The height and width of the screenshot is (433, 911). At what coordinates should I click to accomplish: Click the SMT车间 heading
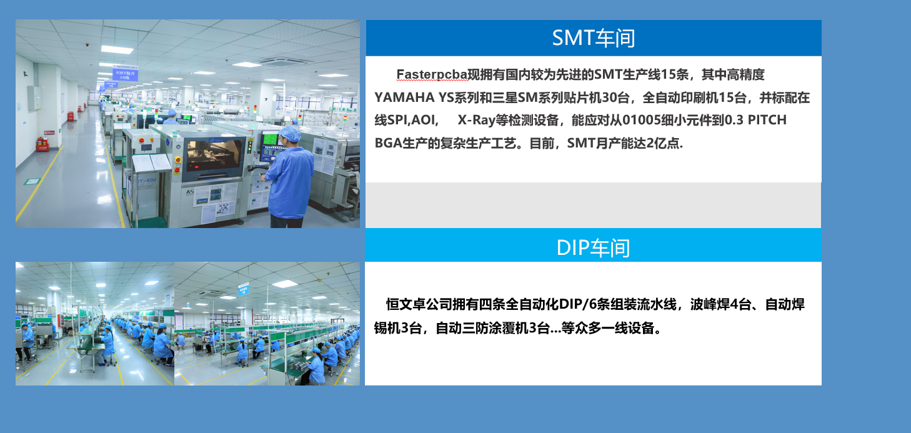pyautogui.click(x=594, y=38)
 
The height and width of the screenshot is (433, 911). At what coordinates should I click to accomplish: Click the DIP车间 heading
pyautogui.click(x=593, y=247)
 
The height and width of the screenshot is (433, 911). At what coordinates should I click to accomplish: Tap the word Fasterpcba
pyautogui.click(x=432, y=74)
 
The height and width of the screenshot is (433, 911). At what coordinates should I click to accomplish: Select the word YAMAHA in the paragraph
pyautogui.click(x=404, y=97)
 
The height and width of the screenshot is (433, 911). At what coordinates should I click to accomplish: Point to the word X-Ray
pyautogui.click(x=476, y=121)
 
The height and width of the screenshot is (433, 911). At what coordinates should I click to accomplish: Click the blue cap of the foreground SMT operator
pyautogui.click(x=291, y=133)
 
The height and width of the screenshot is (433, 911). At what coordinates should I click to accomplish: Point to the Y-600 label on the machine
pyautogui.click(x=147, y=181)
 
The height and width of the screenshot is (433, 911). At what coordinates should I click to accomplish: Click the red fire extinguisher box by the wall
pyautogui.click(x=42, y=144)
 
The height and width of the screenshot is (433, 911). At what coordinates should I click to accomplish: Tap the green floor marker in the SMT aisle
pyautogui.click(x=32, y=181)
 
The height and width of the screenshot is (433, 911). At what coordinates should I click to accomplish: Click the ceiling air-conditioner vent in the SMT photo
pyautogui.click(x=284, y=62)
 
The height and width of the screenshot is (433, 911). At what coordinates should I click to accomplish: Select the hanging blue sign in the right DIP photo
pyautogui.click(x=243, y=289)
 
